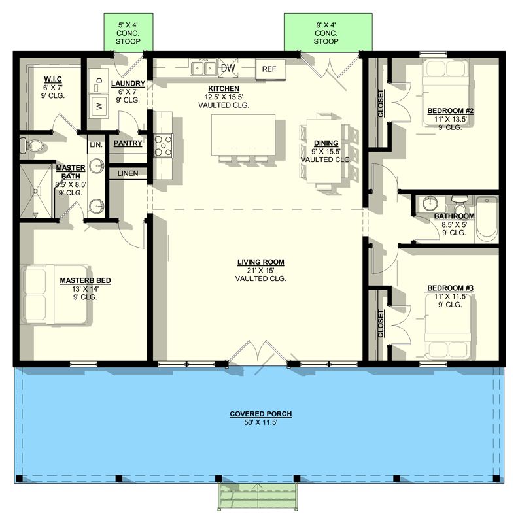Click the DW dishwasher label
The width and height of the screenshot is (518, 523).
228,68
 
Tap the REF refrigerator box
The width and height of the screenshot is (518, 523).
270,69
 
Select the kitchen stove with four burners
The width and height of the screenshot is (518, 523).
164,145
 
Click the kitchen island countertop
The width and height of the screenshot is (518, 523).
243,135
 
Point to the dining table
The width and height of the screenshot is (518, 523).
324,151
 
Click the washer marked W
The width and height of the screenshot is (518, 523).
98,106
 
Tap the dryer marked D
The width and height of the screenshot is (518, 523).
98,80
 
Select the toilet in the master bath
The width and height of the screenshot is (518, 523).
31,145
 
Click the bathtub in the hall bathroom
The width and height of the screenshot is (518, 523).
487,219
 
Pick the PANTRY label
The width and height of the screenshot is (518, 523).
128,143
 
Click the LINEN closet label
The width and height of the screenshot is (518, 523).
128,173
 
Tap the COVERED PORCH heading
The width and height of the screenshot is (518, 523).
261,414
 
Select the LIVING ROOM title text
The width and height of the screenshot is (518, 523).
261,262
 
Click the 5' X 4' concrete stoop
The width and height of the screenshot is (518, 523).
128,32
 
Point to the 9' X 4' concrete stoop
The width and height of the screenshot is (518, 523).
328,32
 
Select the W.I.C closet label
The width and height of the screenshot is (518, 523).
53,79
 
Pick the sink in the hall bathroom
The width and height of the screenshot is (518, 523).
430,203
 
